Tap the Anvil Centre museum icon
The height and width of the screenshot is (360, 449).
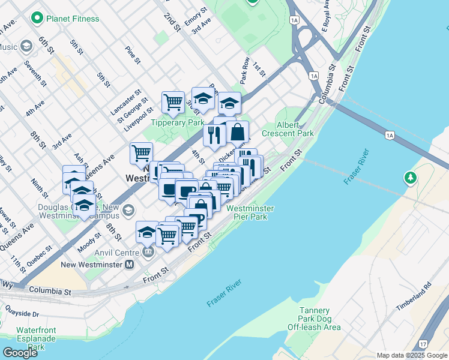pyautogui.click(x=148, y=252)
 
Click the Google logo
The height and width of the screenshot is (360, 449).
pyautogui.click(x=20, y=352)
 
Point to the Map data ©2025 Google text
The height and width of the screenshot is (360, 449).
pyautogui.click(x=412, y=355)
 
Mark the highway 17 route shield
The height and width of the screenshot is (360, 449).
pyautogui.click(x=424, y=344)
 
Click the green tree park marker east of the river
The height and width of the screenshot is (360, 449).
pyautogui.click(x=411, y=178)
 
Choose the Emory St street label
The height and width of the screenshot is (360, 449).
pyautogui.click(x=196, y=16)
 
